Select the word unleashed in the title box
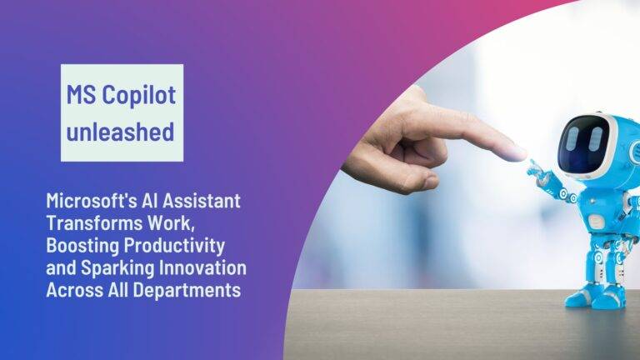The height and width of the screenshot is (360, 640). [x=122, y=131]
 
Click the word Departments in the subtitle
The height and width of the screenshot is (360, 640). [x=187, y=290]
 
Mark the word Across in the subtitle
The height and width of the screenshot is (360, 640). [x=74, y=290]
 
